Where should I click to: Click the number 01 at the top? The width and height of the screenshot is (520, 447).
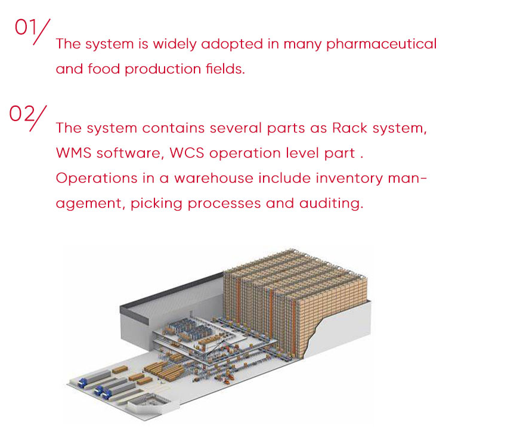[25, 27]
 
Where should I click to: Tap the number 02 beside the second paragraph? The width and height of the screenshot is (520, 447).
[22, 114]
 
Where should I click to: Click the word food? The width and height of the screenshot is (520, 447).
[104, 69]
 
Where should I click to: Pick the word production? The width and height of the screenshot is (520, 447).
[163, 70]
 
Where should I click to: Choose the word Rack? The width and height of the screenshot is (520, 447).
[350, 128]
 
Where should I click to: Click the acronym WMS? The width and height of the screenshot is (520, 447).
[73, 153]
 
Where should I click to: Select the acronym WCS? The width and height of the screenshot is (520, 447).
[187, 153]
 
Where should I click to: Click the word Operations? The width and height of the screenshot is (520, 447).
[97, 179]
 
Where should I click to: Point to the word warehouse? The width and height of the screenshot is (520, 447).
[213, 178]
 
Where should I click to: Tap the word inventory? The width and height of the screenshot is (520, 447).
[349, 179]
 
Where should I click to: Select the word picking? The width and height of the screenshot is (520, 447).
[156, 204]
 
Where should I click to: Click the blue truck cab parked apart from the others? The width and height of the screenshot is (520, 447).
[82, 383]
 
